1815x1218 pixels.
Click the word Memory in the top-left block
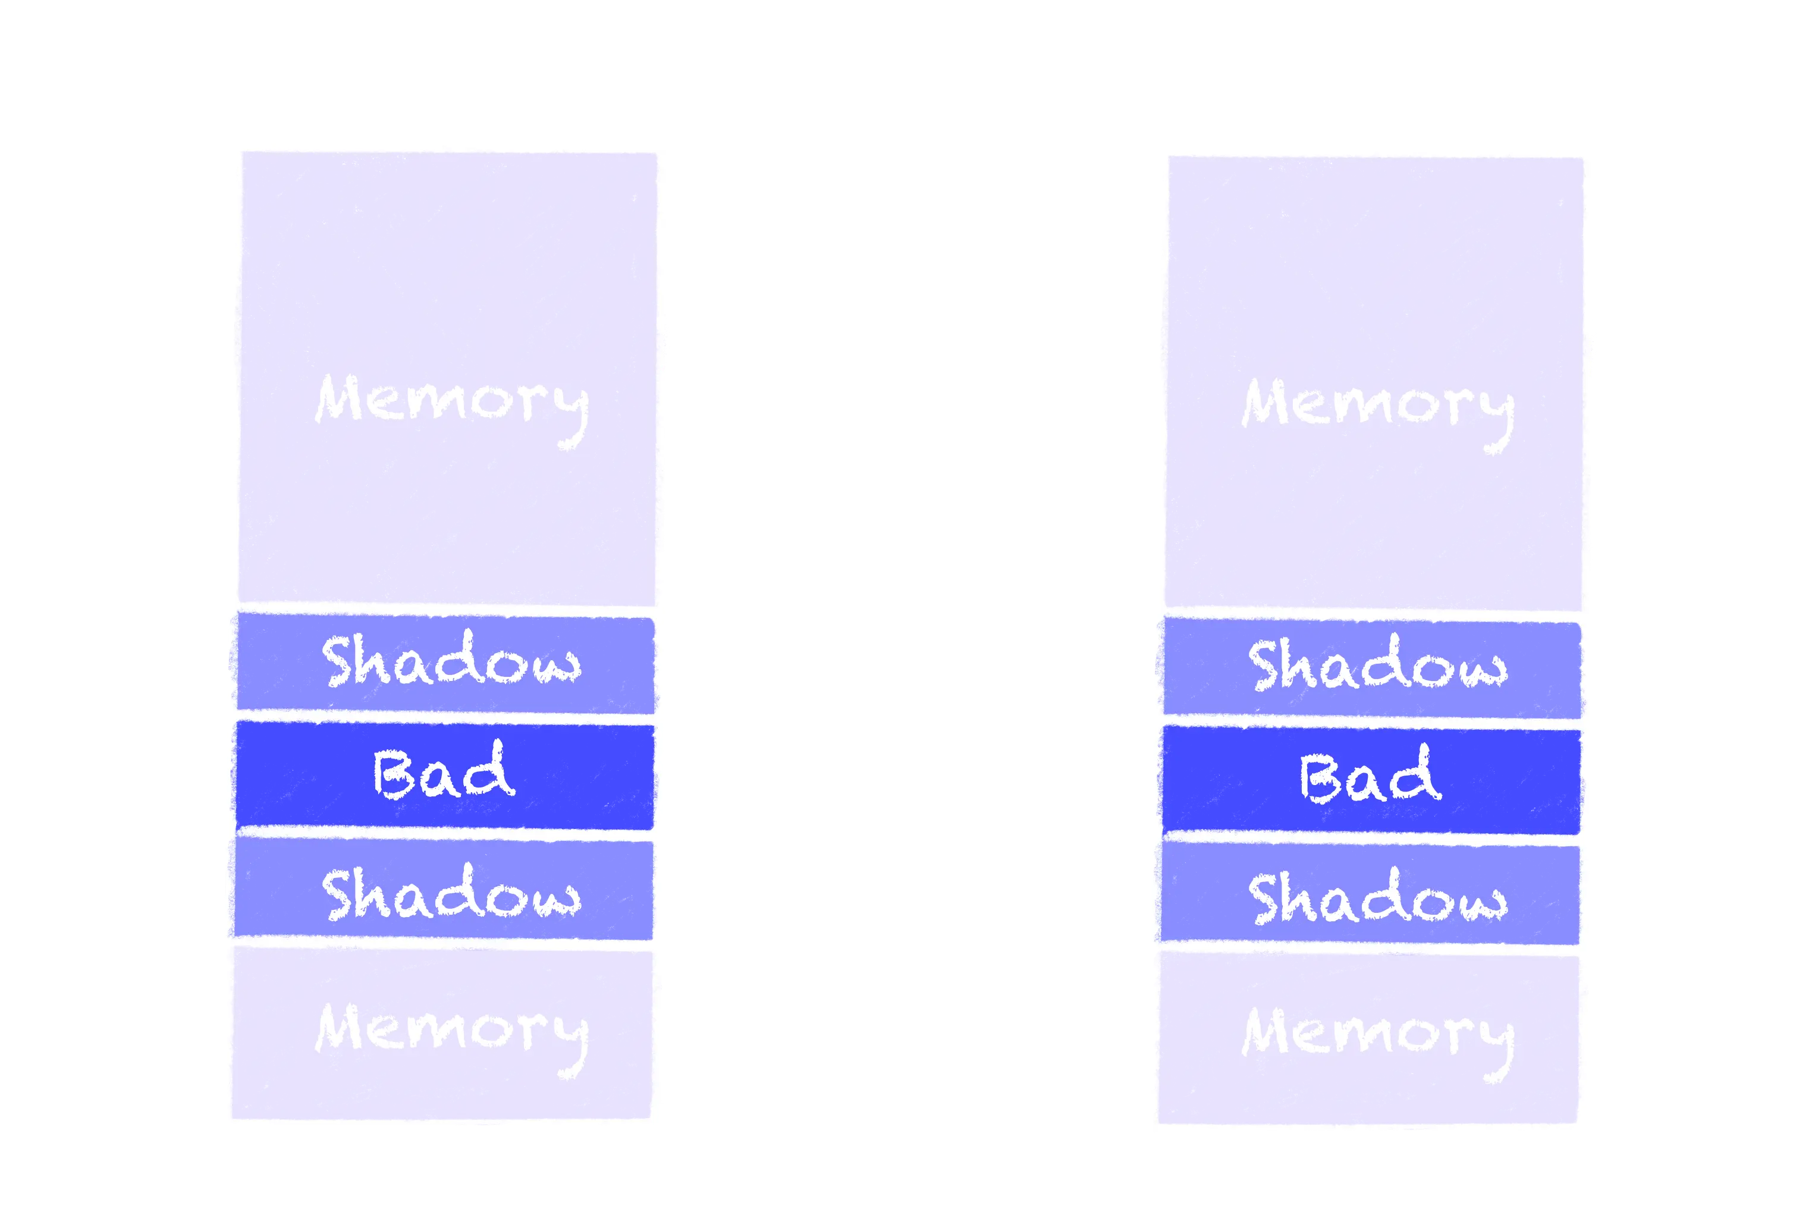coord(451,403)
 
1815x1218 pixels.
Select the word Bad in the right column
coord(1370,777)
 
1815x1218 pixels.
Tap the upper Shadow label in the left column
coord(451,661)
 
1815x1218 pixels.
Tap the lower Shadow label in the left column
coord(451,895)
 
